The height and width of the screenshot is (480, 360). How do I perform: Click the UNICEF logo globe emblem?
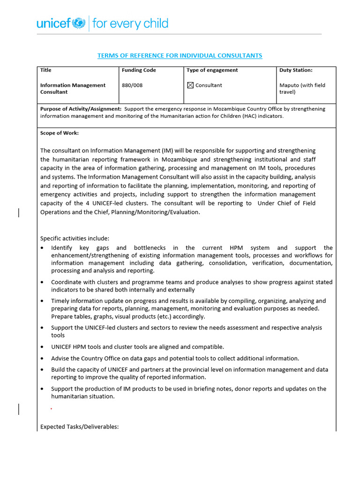tap(79, 22)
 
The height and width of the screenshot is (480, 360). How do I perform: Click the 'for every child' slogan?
tap(130, 23)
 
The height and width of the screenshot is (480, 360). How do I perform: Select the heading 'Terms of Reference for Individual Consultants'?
tap(180, 56)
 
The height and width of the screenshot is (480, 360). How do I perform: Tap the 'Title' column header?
tap(46, 70)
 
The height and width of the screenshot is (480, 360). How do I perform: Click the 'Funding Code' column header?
tap(139, 70)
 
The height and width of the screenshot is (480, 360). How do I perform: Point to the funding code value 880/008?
tap(132, 85)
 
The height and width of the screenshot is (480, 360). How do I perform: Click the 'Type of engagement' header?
tap(212, 70)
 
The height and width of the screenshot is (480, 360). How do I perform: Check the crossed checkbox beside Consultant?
tap(190, 85)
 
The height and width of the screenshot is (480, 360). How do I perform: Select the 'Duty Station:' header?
tap(296, 70)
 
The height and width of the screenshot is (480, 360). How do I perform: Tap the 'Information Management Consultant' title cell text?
tap(73, 89)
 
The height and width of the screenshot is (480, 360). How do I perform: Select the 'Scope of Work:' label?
tap(60, 133)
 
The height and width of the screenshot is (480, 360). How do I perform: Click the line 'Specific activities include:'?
tap(75, 238)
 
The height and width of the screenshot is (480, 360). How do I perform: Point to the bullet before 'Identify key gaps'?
tap(43, 248)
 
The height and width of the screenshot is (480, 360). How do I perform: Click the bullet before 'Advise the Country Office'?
tap(43, 359)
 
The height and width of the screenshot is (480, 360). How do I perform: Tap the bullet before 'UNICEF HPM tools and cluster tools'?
tap(43, 347)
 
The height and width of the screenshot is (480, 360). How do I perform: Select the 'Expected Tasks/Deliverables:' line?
tap(80, 427)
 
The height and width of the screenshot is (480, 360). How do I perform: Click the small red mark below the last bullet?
tap(51, 409)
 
